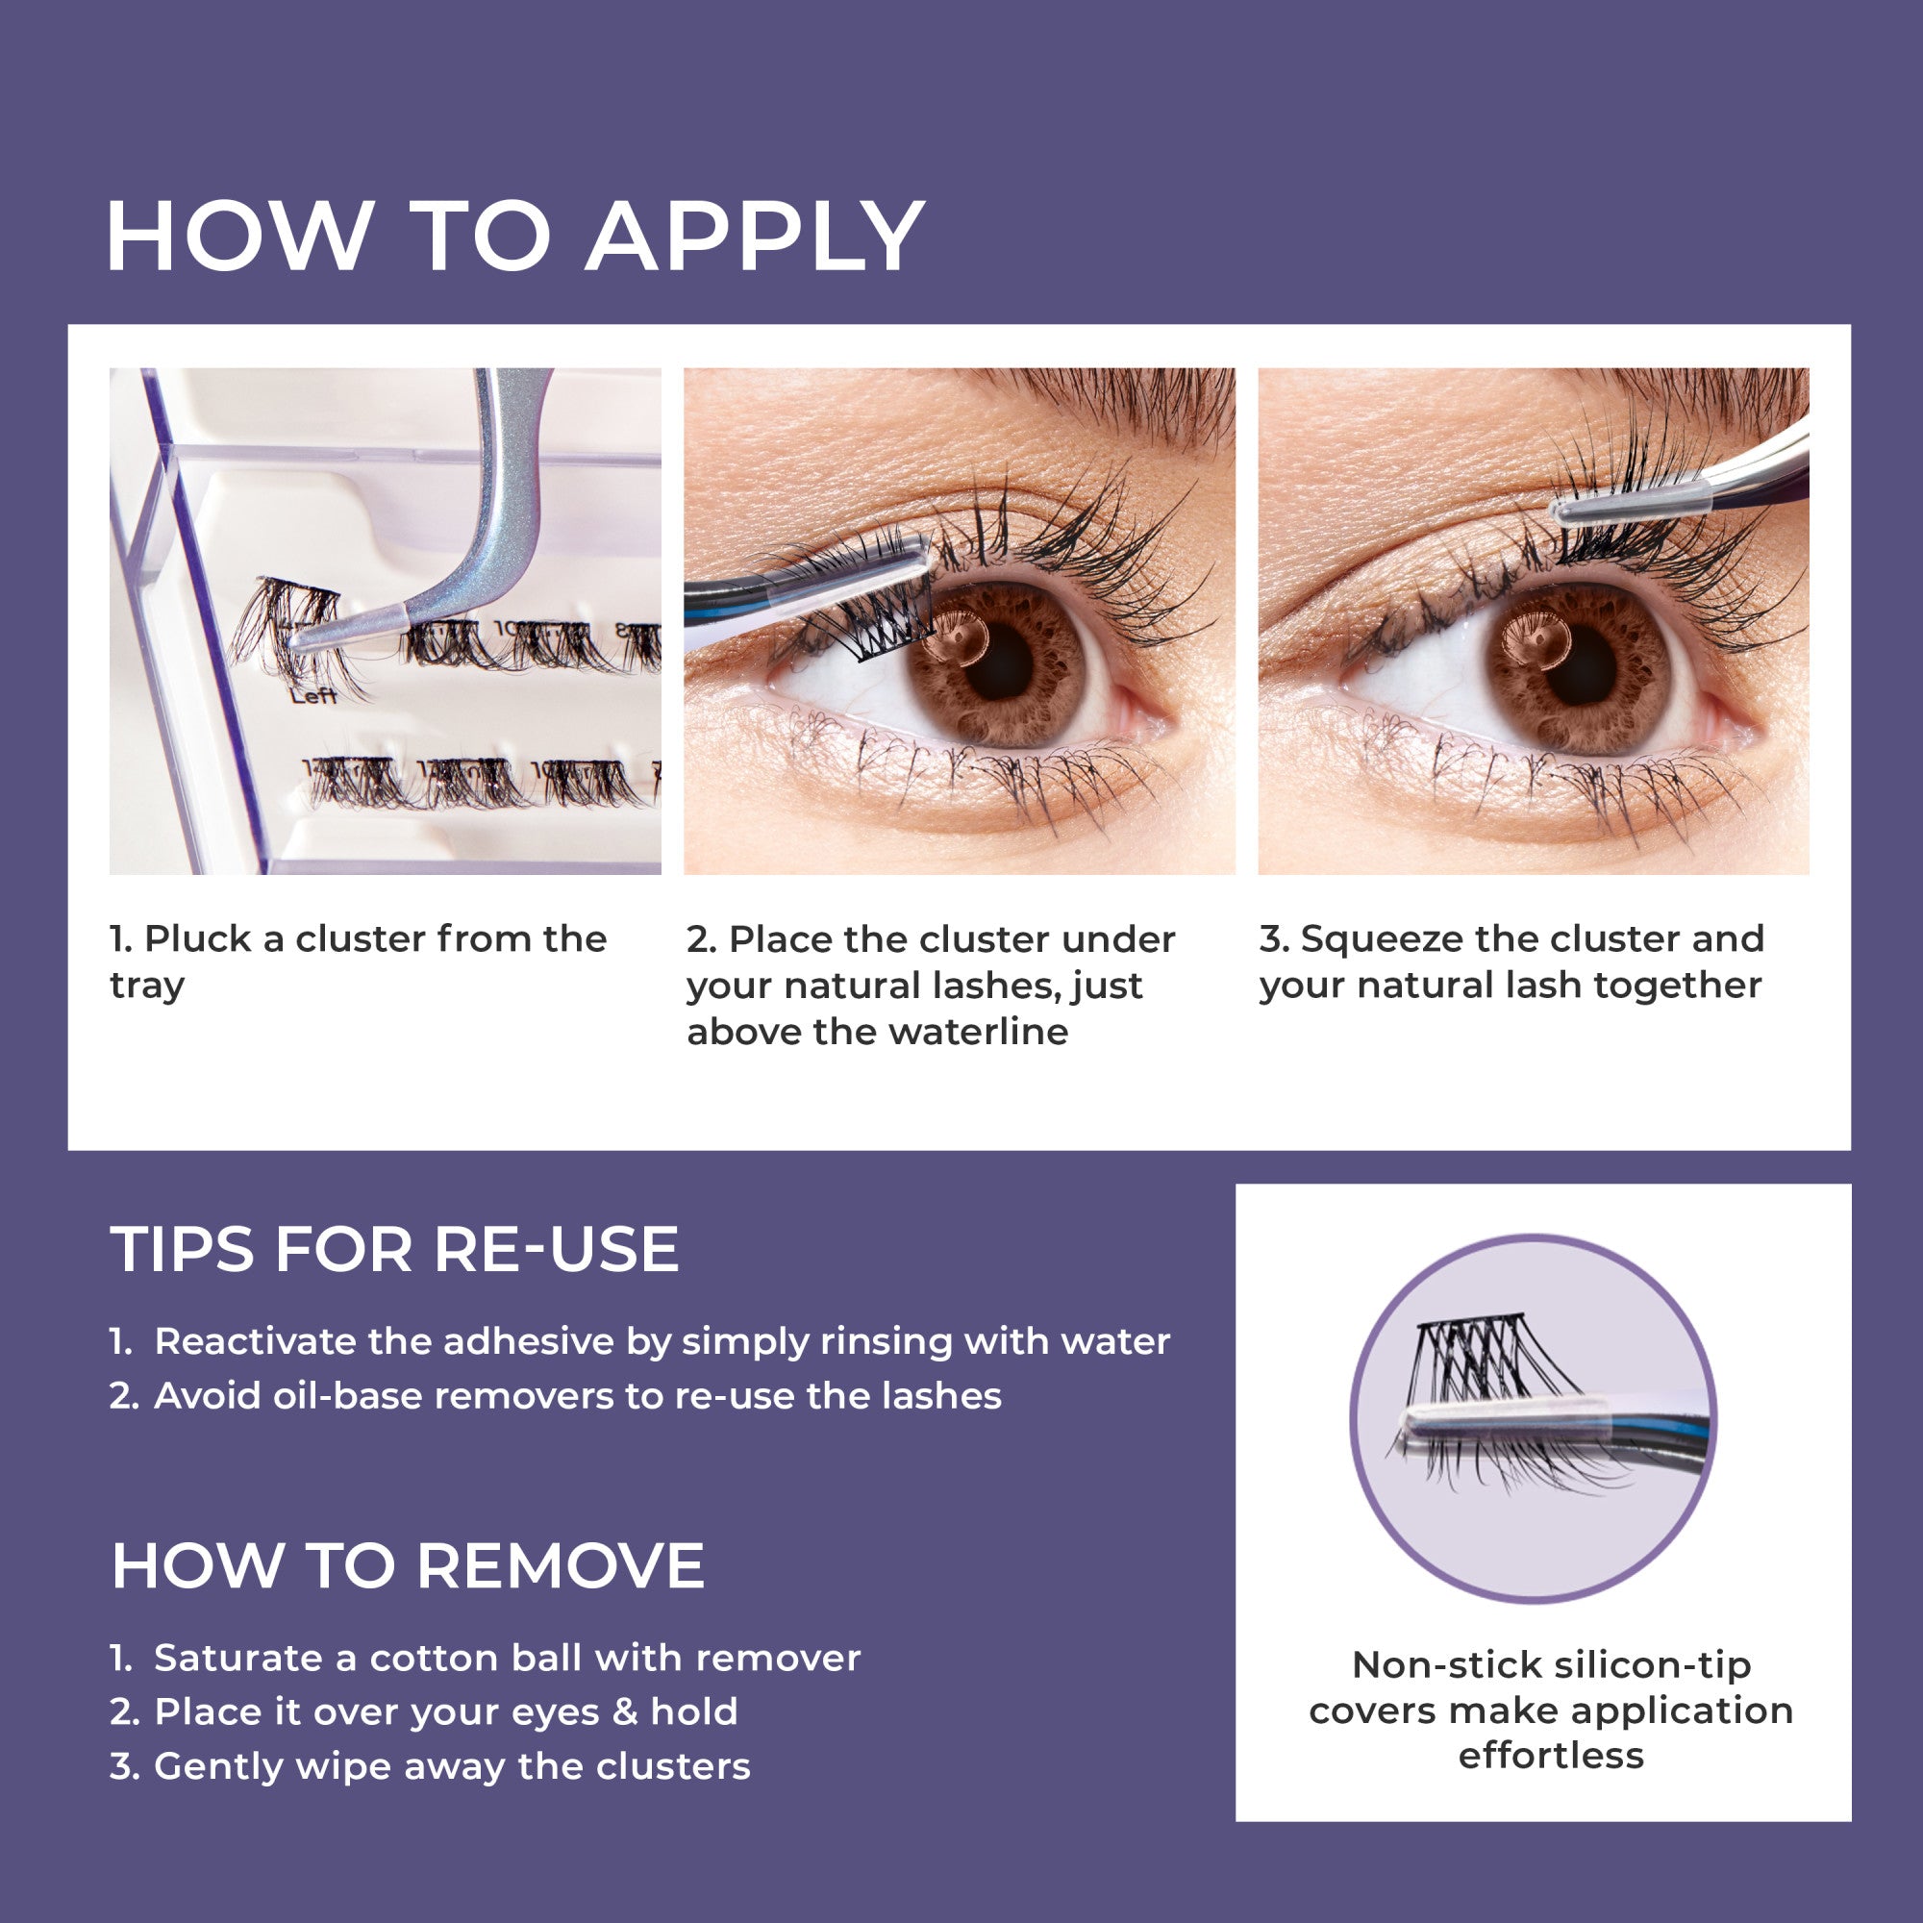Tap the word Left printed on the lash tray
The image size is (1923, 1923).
point(313,696)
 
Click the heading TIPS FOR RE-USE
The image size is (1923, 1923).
point(395,1249)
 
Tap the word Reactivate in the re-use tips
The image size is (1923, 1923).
point(255,1341)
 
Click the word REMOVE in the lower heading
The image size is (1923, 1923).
point(561,1565)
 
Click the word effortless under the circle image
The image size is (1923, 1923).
point(1551,1756)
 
